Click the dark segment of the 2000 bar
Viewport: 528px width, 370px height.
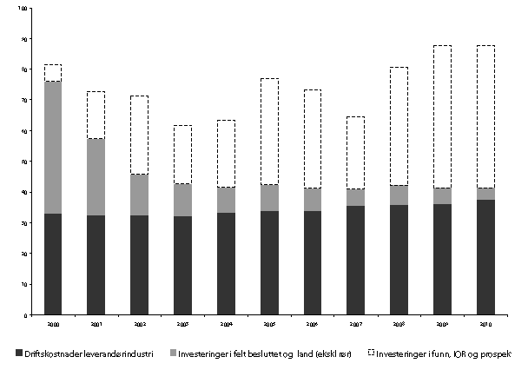click(53, 264)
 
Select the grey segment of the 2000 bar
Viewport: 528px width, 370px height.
click(53, 148)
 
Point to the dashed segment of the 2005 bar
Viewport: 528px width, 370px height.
click(268, 131)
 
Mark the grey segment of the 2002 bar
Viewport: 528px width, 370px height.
click(139, 195)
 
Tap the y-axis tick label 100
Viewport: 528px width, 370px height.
click(22, 9)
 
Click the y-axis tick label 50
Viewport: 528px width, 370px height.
click(23, 162)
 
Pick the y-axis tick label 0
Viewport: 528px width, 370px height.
click(25, 314)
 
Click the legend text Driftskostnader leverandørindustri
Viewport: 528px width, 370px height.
click(88, 353)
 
